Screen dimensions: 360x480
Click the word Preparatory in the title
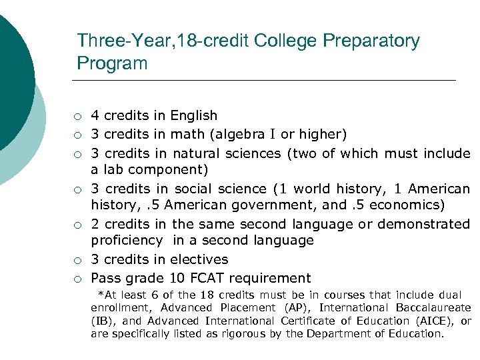(x=371, y=41)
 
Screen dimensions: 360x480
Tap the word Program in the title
(x=112, y=63)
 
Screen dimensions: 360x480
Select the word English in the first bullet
(x=194, y=116)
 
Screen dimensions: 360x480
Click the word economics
(x=406, y=205)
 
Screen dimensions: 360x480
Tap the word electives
(x=199, y=259)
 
